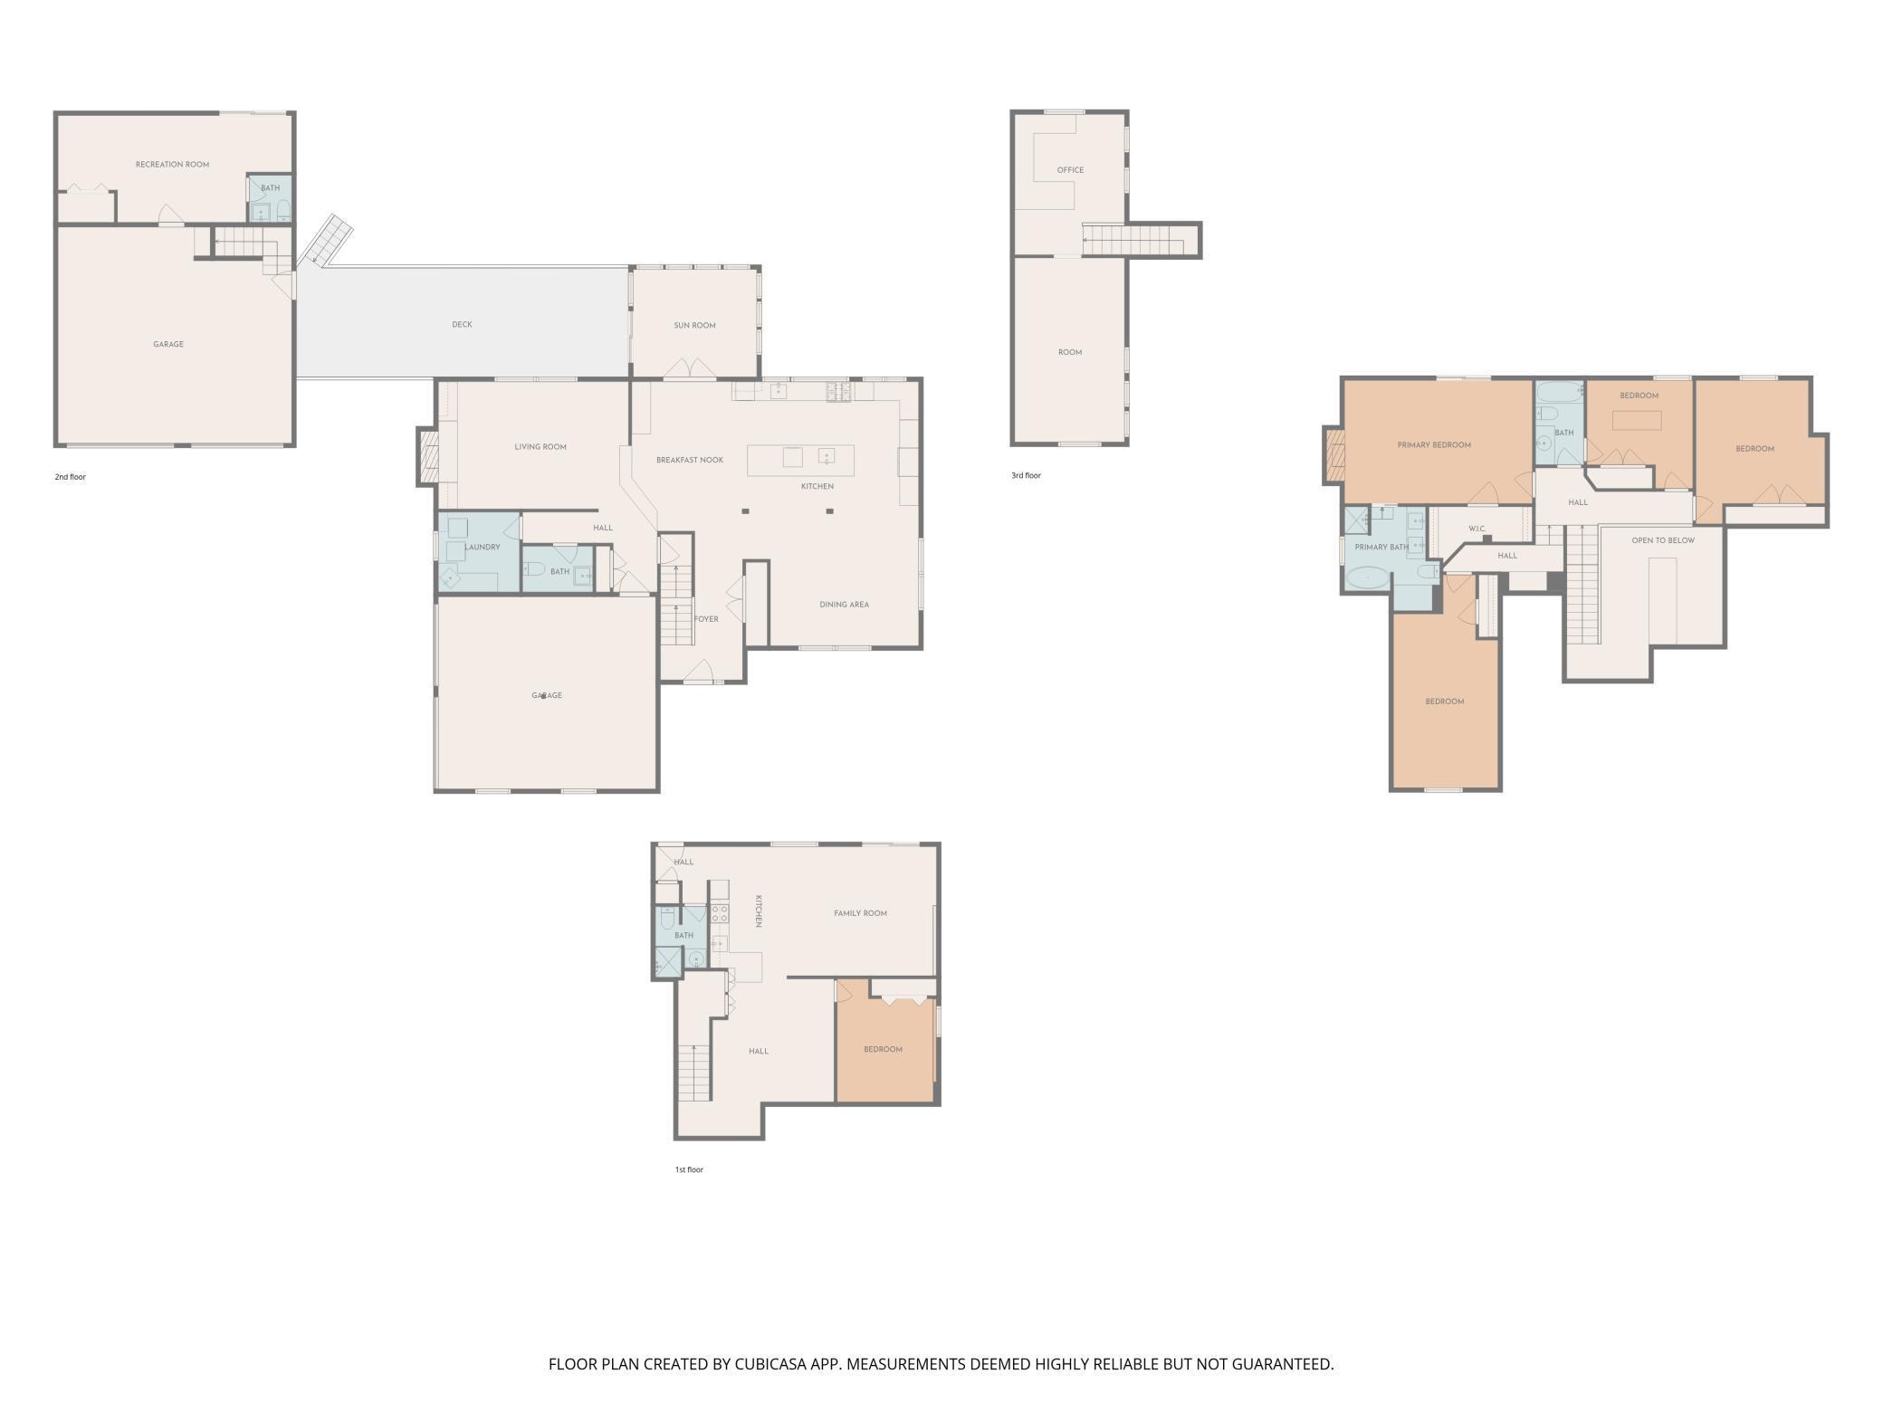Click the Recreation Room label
172,165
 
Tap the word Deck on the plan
462,325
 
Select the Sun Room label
694,326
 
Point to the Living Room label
540,447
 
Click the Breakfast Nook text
690,461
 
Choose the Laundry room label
482,548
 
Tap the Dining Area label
844,605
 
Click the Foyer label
706,620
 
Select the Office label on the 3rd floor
1070,170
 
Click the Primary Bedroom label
1434,445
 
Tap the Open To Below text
1663,541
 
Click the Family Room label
860,913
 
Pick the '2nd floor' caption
70,477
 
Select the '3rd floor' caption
1026,476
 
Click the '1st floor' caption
689,1170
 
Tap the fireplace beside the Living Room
429,456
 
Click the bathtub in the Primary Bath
1367,577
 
